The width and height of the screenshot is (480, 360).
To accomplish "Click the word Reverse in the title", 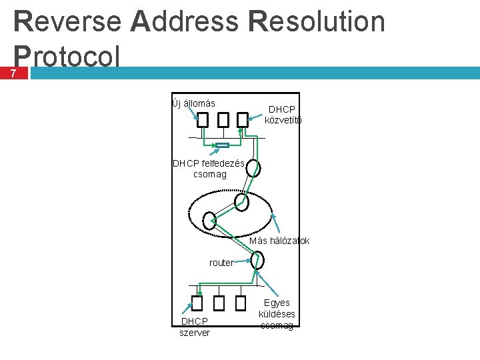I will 67,21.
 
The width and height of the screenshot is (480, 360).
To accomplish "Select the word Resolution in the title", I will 315,21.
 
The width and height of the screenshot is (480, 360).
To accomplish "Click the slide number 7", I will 15,73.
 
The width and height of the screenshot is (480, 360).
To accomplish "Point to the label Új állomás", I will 193,103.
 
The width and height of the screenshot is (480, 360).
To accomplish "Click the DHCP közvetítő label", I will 283,115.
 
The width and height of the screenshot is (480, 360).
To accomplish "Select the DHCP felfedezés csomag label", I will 209,169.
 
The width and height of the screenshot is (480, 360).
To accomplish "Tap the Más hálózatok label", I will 279,240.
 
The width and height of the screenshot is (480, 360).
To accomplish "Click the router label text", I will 221,263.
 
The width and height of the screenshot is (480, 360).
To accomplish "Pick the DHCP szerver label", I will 194,327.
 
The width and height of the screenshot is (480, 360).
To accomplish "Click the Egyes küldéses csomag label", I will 277,313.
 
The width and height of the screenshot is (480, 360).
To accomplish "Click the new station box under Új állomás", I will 203,120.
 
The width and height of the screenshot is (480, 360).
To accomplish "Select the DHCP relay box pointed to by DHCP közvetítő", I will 243,120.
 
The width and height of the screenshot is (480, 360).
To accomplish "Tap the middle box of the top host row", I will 223,120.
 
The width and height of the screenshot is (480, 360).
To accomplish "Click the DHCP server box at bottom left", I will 197,304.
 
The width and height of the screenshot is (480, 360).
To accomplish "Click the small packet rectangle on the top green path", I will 223,145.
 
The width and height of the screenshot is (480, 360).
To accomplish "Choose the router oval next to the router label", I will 257,259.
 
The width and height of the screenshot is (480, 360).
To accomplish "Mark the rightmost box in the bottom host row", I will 241,304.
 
